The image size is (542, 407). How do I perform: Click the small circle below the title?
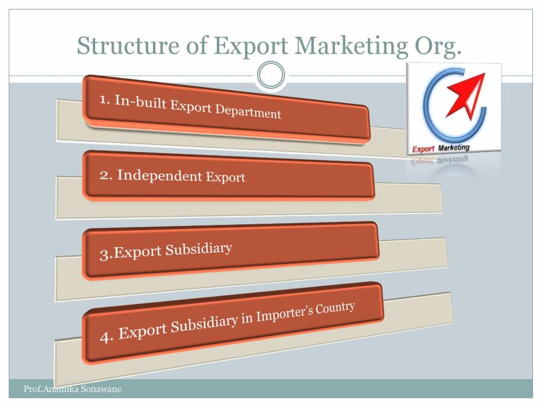(270, 75)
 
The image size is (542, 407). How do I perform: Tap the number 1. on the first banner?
(105, 99)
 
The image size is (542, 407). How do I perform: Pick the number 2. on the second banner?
(106, 175)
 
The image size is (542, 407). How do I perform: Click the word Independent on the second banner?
(160, 175)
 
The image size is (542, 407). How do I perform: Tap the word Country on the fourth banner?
(334, 309)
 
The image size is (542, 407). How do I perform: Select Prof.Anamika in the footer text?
(48, 389)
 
